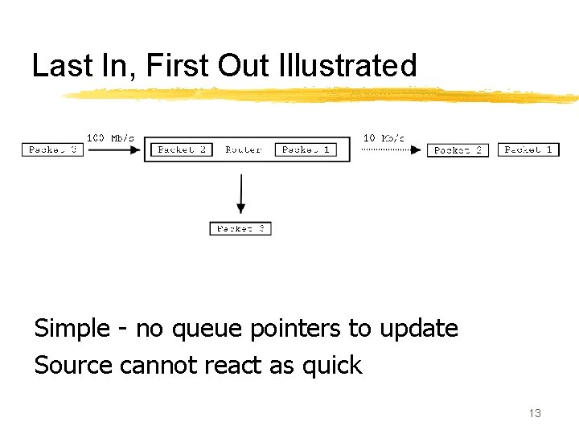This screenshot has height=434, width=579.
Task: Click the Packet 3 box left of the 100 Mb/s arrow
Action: coord(54,149)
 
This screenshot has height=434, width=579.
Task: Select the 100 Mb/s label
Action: coord(110,138)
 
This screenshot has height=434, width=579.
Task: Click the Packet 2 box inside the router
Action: coord(182,149)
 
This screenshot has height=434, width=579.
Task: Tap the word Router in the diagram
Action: coord(243,149)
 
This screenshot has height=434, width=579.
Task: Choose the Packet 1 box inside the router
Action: coord(306,149)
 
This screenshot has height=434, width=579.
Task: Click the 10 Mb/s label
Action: coord(384,138)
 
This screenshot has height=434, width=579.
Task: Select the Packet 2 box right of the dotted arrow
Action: coord(458,149)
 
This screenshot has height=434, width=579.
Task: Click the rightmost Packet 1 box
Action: coord(528,149)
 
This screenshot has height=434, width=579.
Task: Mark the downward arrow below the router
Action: coord(240,194)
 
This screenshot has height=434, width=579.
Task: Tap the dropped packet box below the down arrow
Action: coord(240,229)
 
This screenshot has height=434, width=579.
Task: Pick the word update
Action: coord(418,329)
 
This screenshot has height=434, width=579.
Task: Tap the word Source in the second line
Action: coord(73,366)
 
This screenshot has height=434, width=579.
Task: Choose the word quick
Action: coord(332,366)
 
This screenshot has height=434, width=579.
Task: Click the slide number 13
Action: coord(535,413)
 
